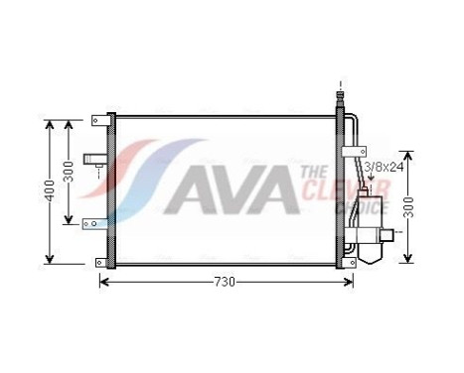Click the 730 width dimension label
[x=226, y=282]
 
